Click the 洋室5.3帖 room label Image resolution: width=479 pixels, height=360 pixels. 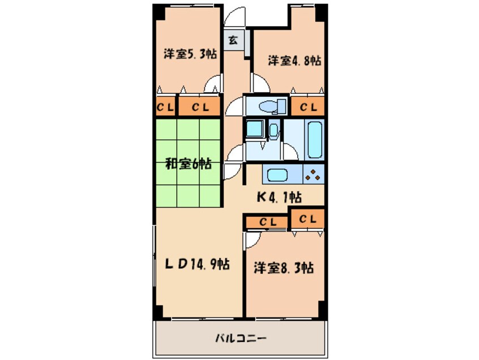coord(190,55)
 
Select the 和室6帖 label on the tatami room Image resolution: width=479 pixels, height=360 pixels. coord(189,164)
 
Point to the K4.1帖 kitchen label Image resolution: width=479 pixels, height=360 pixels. coord(279,198)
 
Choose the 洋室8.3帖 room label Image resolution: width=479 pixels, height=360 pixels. coord(283,268)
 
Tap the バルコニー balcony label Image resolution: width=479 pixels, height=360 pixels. coord(241,339)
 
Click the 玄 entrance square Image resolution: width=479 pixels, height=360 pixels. coord(233,40)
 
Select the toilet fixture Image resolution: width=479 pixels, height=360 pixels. coord(269,106)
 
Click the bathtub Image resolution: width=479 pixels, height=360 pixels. coord(314,140)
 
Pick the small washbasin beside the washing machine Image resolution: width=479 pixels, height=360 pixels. coord(274,131)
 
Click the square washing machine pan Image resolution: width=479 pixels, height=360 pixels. coord(255,130)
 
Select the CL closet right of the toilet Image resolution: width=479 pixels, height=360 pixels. coord(308,106)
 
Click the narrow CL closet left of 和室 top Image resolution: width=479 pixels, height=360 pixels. coord(165,106)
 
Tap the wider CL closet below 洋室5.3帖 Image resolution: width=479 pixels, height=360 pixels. coord(199,106)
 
